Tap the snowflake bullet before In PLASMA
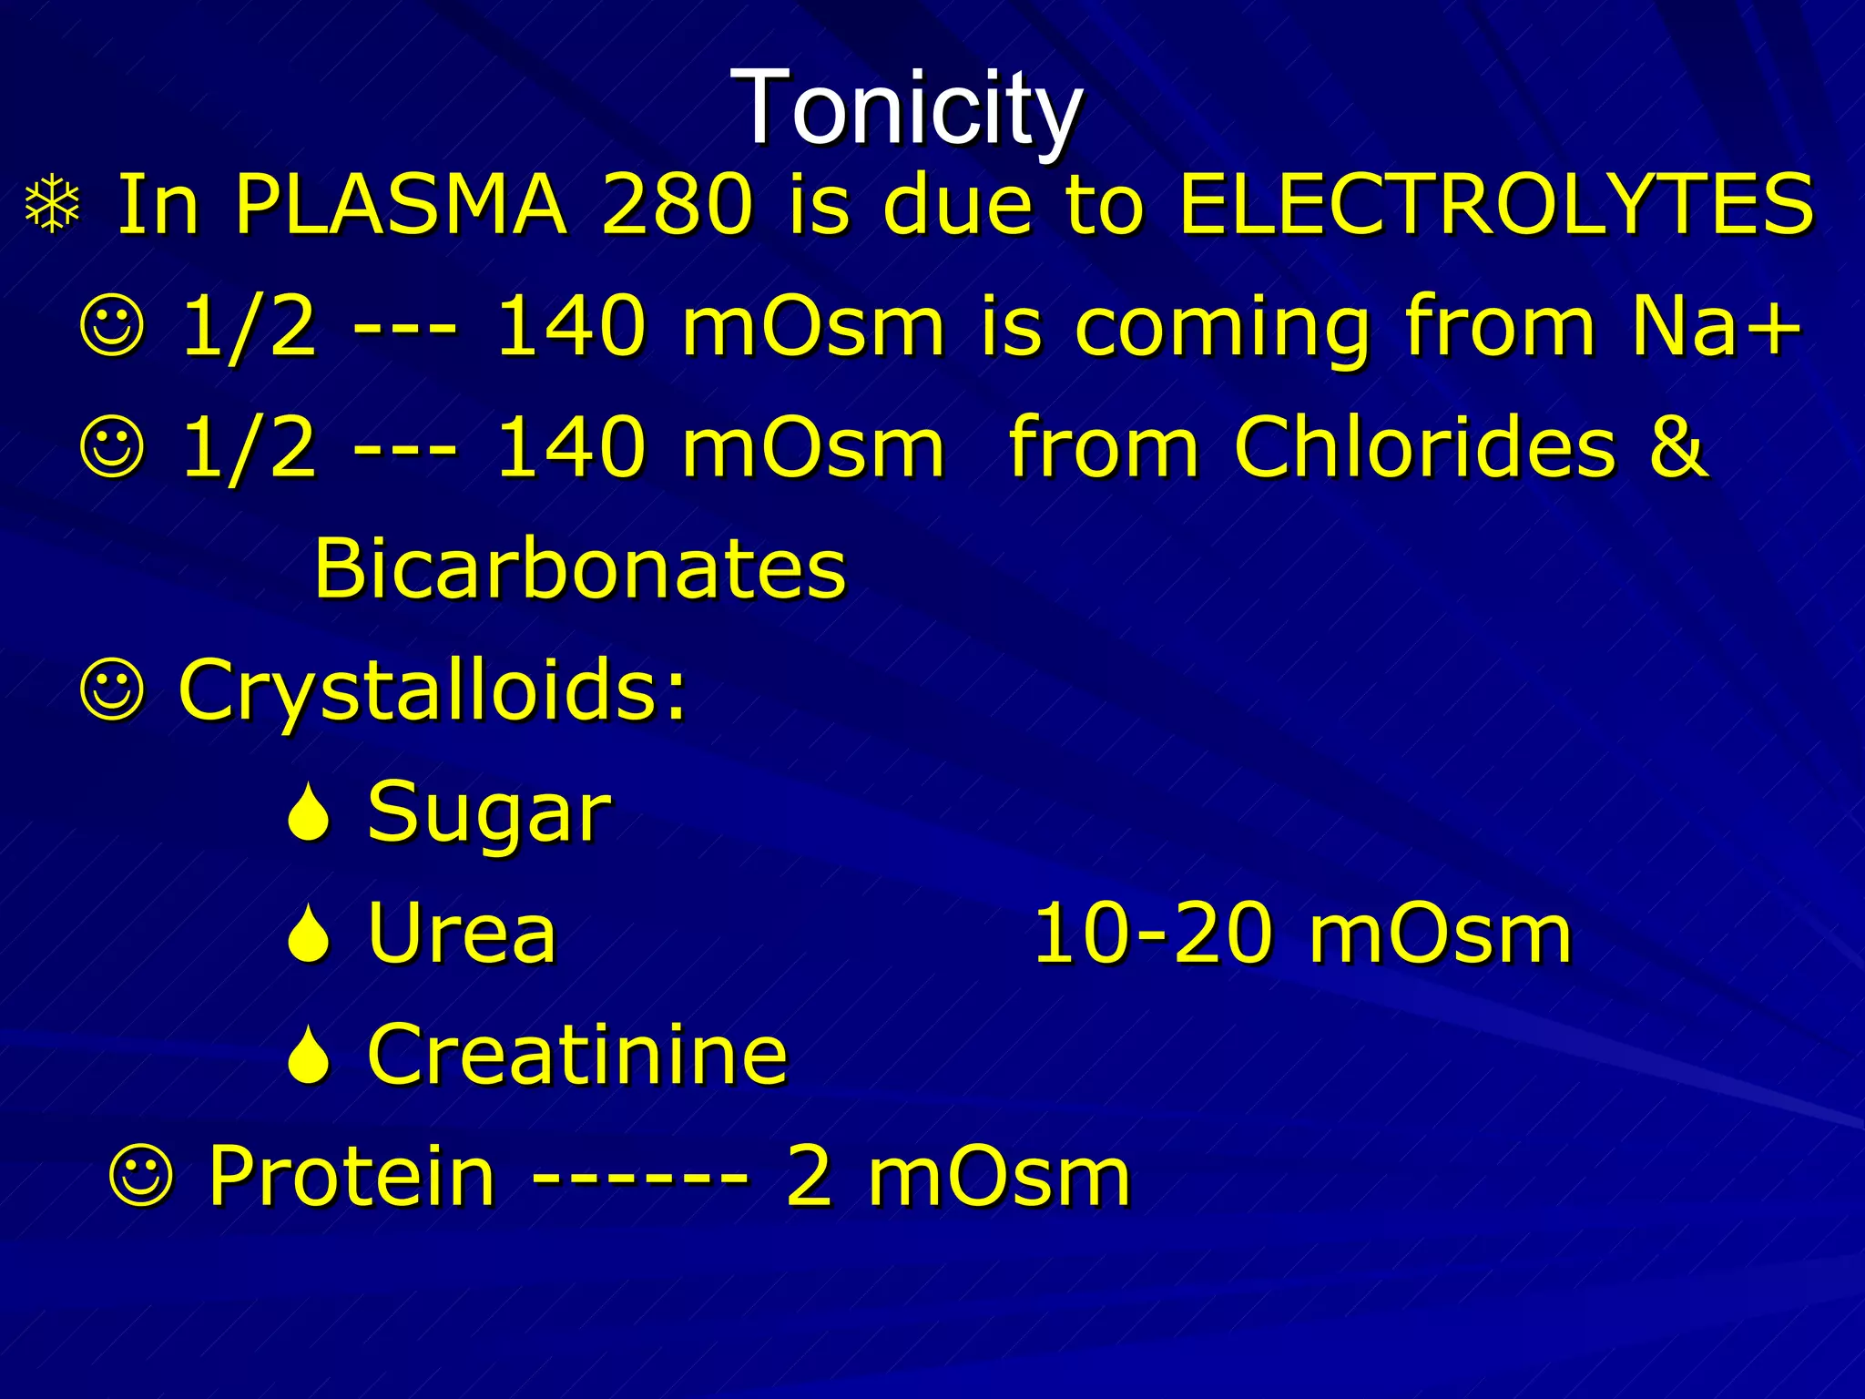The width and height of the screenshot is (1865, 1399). (54, 206)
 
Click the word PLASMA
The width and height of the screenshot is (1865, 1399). (401, 204)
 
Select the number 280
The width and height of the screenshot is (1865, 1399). (678, 204)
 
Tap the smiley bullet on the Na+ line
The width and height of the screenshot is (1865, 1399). (113, 327)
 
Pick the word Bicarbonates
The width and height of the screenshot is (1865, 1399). (579, 568)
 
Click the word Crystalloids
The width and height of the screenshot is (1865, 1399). (432, 690)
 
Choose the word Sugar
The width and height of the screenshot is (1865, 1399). (488, 812)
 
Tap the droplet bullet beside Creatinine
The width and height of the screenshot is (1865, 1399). (309, 1057)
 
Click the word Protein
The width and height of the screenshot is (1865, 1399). (352, 1176)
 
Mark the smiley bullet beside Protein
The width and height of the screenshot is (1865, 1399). (140, 1178)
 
